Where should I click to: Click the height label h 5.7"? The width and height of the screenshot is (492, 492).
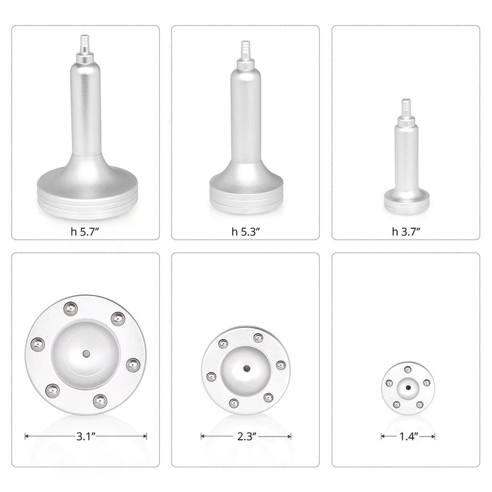point(86,231)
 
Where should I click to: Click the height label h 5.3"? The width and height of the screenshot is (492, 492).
point(246,231)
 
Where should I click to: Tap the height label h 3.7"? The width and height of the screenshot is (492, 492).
point(406,231)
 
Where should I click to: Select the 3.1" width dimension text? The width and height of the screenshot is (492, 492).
point(86,437)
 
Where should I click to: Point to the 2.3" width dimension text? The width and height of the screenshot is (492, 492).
point(247,437)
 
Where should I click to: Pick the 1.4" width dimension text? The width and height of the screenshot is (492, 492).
point(408,437)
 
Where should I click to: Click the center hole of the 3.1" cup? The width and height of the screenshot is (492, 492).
point(86,354)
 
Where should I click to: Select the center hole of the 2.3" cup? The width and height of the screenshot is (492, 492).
point(247,368)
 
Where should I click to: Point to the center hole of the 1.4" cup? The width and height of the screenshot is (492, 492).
point(408,387)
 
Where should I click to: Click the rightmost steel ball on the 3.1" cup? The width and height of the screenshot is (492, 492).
point(133,365)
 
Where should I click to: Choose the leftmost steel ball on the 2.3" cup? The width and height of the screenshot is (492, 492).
point(210,377)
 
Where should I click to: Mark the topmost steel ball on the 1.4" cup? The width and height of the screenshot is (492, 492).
point(407,370)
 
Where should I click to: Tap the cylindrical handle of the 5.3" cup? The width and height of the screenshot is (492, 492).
point(245,118)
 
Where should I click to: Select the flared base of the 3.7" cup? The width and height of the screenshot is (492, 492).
point(406,201)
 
